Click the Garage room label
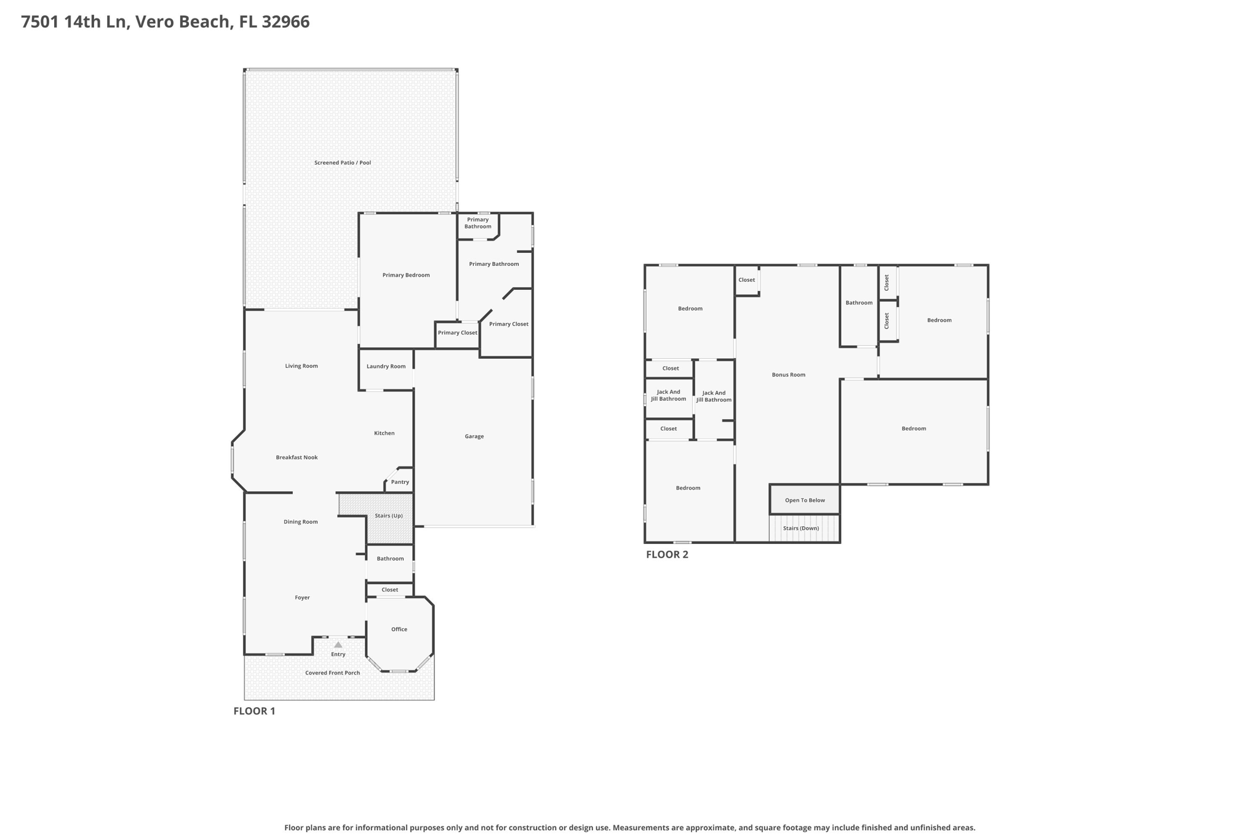(474, 436)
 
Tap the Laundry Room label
(386, 366)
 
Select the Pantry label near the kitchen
(400, 482)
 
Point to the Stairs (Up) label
(389, 516)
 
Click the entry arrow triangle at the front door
(338, 644)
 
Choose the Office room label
(399, 629)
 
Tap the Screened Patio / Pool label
(343, 162)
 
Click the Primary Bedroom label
(406, 275)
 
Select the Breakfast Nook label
(297, 457)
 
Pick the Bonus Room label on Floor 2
(789, 375)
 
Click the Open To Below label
(805, 500)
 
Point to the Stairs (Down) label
(801, 528)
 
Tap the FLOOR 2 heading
(667, 554)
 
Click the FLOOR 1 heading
(254, 711)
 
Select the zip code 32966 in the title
(285, 22)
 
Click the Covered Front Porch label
(332, 673)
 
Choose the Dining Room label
(301, 522)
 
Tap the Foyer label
(302, 598)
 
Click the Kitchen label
(385, 433)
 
